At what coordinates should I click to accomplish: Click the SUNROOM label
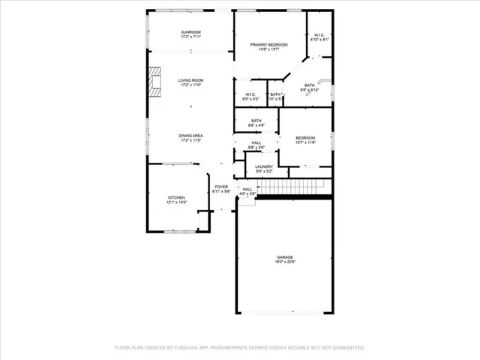pos(191,32)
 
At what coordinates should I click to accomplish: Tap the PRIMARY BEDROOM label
pos(268,45)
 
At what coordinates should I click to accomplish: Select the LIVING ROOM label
pos(191,80)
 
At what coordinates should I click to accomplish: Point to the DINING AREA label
pos(191,135)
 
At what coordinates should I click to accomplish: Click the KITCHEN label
pos(175,196)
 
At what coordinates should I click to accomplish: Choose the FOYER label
pos(221,187)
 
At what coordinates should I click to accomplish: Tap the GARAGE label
pos(283,257)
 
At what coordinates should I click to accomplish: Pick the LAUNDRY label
pos(263,166)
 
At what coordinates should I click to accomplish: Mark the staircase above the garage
pos(295,186)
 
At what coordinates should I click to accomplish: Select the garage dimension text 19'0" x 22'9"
pos(283,262)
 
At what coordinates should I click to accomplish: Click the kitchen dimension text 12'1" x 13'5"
pos(175,202)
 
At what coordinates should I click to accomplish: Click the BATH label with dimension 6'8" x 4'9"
pos(256,121)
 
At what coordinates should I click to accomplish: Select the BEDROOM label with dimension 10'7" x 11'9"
pos(305,137)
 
